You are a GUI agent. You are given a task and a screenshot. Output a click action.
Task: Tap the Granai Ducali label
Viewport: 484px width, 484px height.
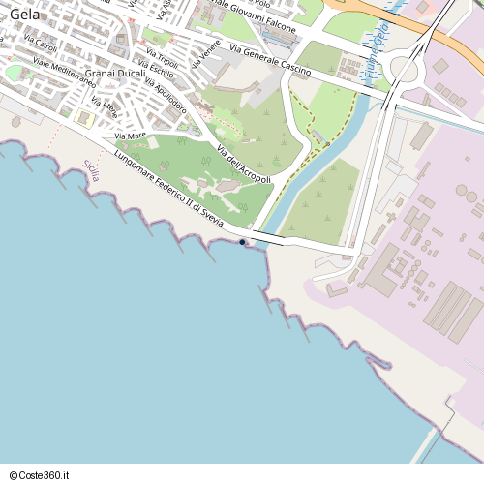114,73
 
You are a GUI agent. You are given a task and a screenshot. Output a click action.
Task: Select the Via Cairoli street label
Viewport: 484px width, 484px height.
41,45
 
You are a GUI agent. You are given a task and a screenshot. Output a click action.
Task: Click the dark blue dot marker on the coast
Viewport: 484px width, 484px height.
242,242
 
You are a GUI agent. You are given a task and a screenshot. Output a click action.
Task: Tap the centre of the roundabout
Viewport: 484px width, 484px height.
406,69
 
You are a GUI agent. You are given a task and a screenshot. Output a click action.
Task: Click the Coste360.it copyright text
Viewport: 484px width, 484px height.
40,474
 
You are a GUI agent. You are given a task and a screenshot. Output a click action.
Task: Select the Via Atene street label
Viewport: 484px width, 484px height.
104,106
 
